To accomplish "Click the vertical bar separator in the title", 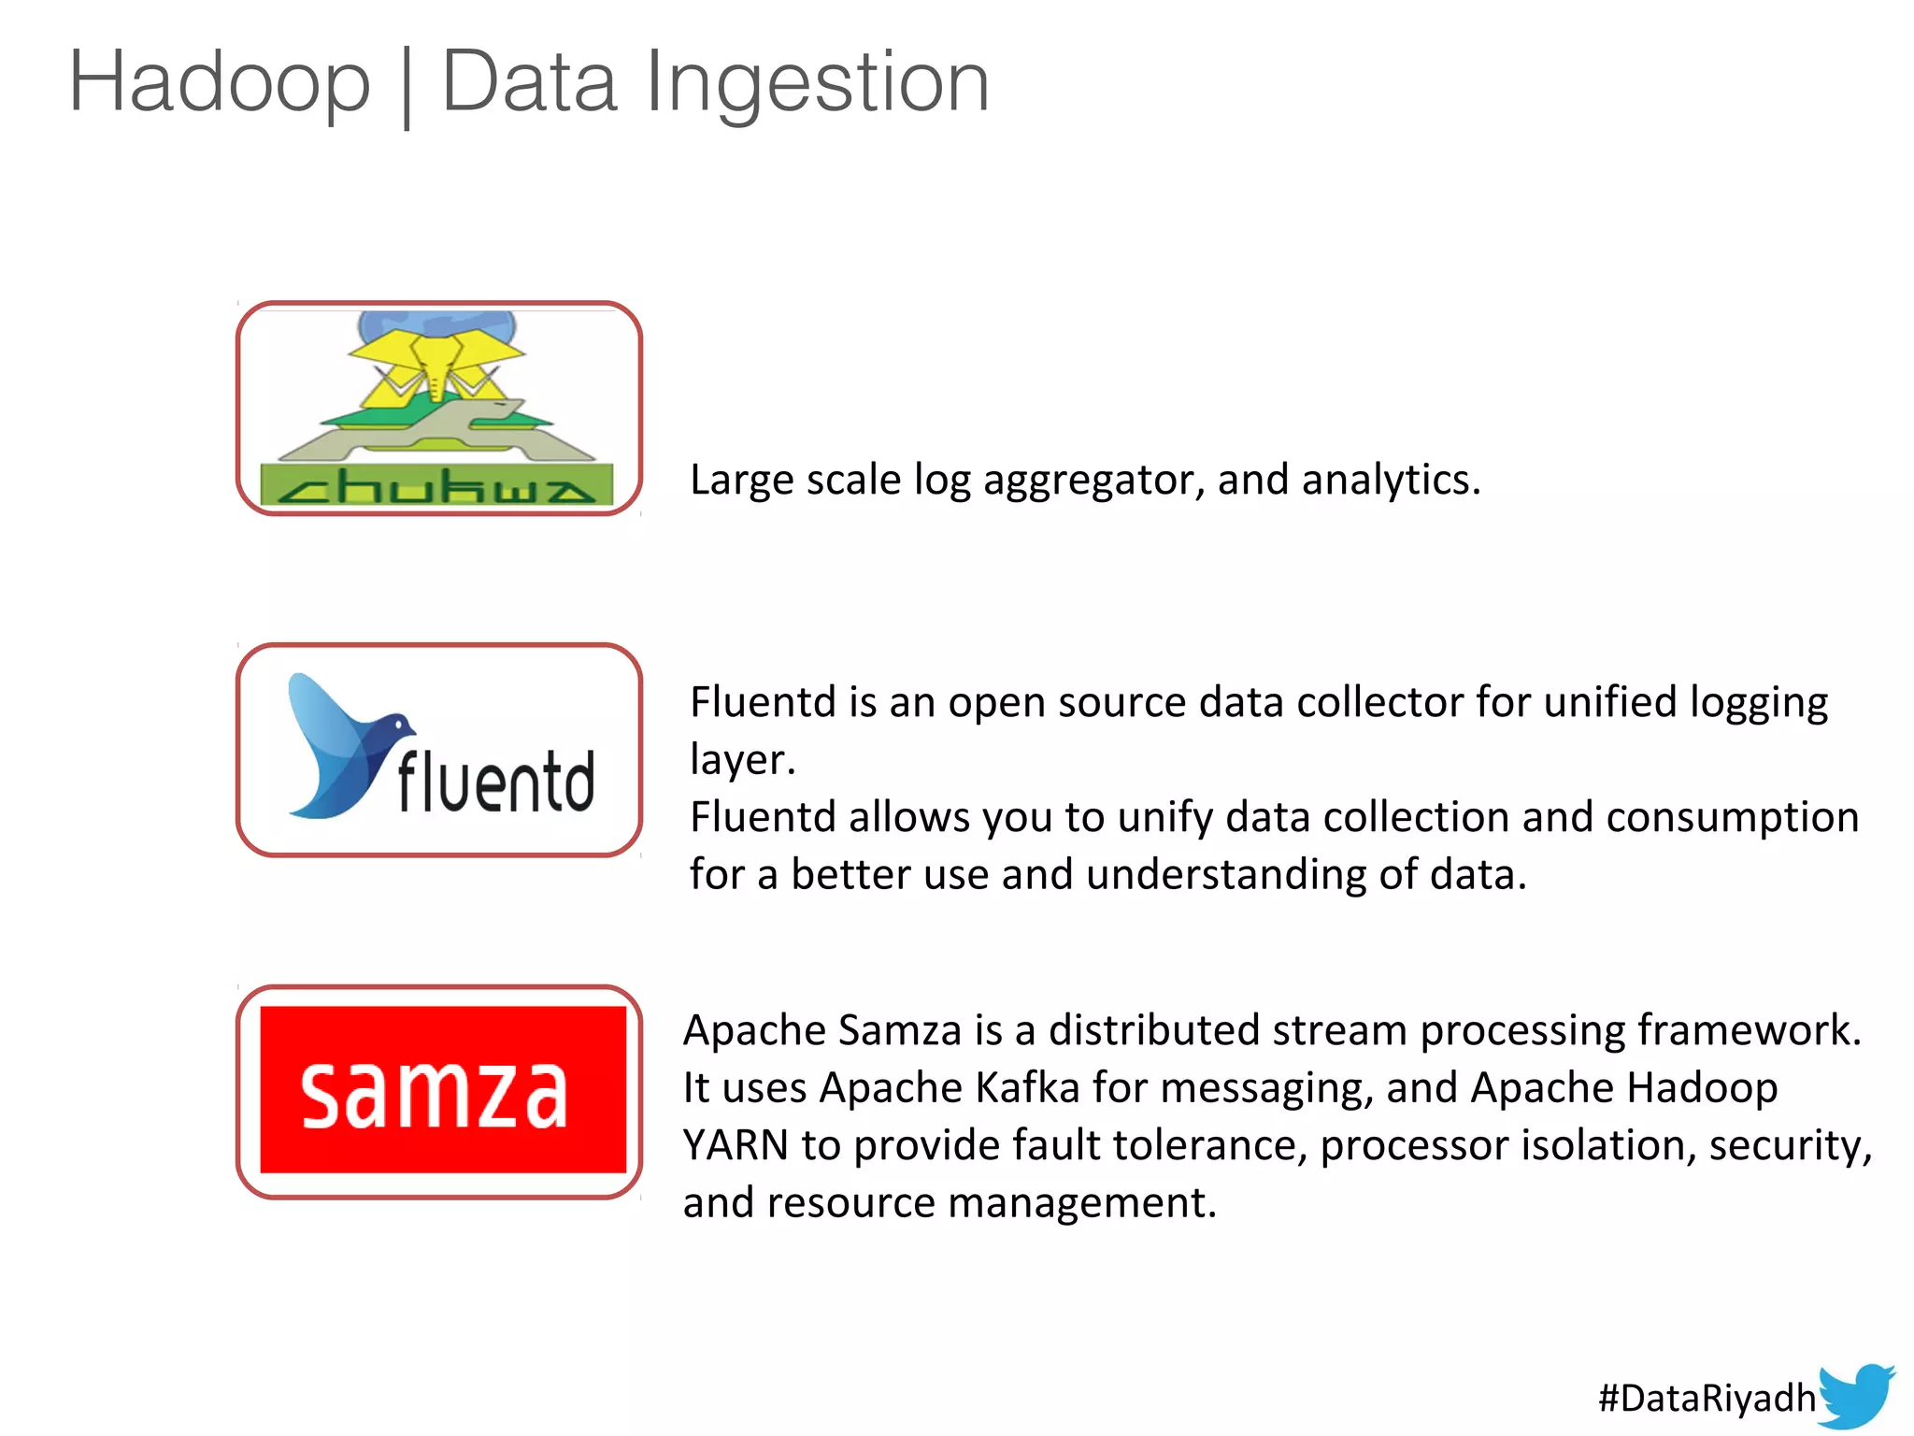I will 406,86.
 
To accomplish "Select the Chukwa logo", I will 438,409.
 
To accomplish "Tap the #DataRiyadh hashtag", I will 1707,1398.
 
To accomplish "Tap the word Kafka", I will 1027,1088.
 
